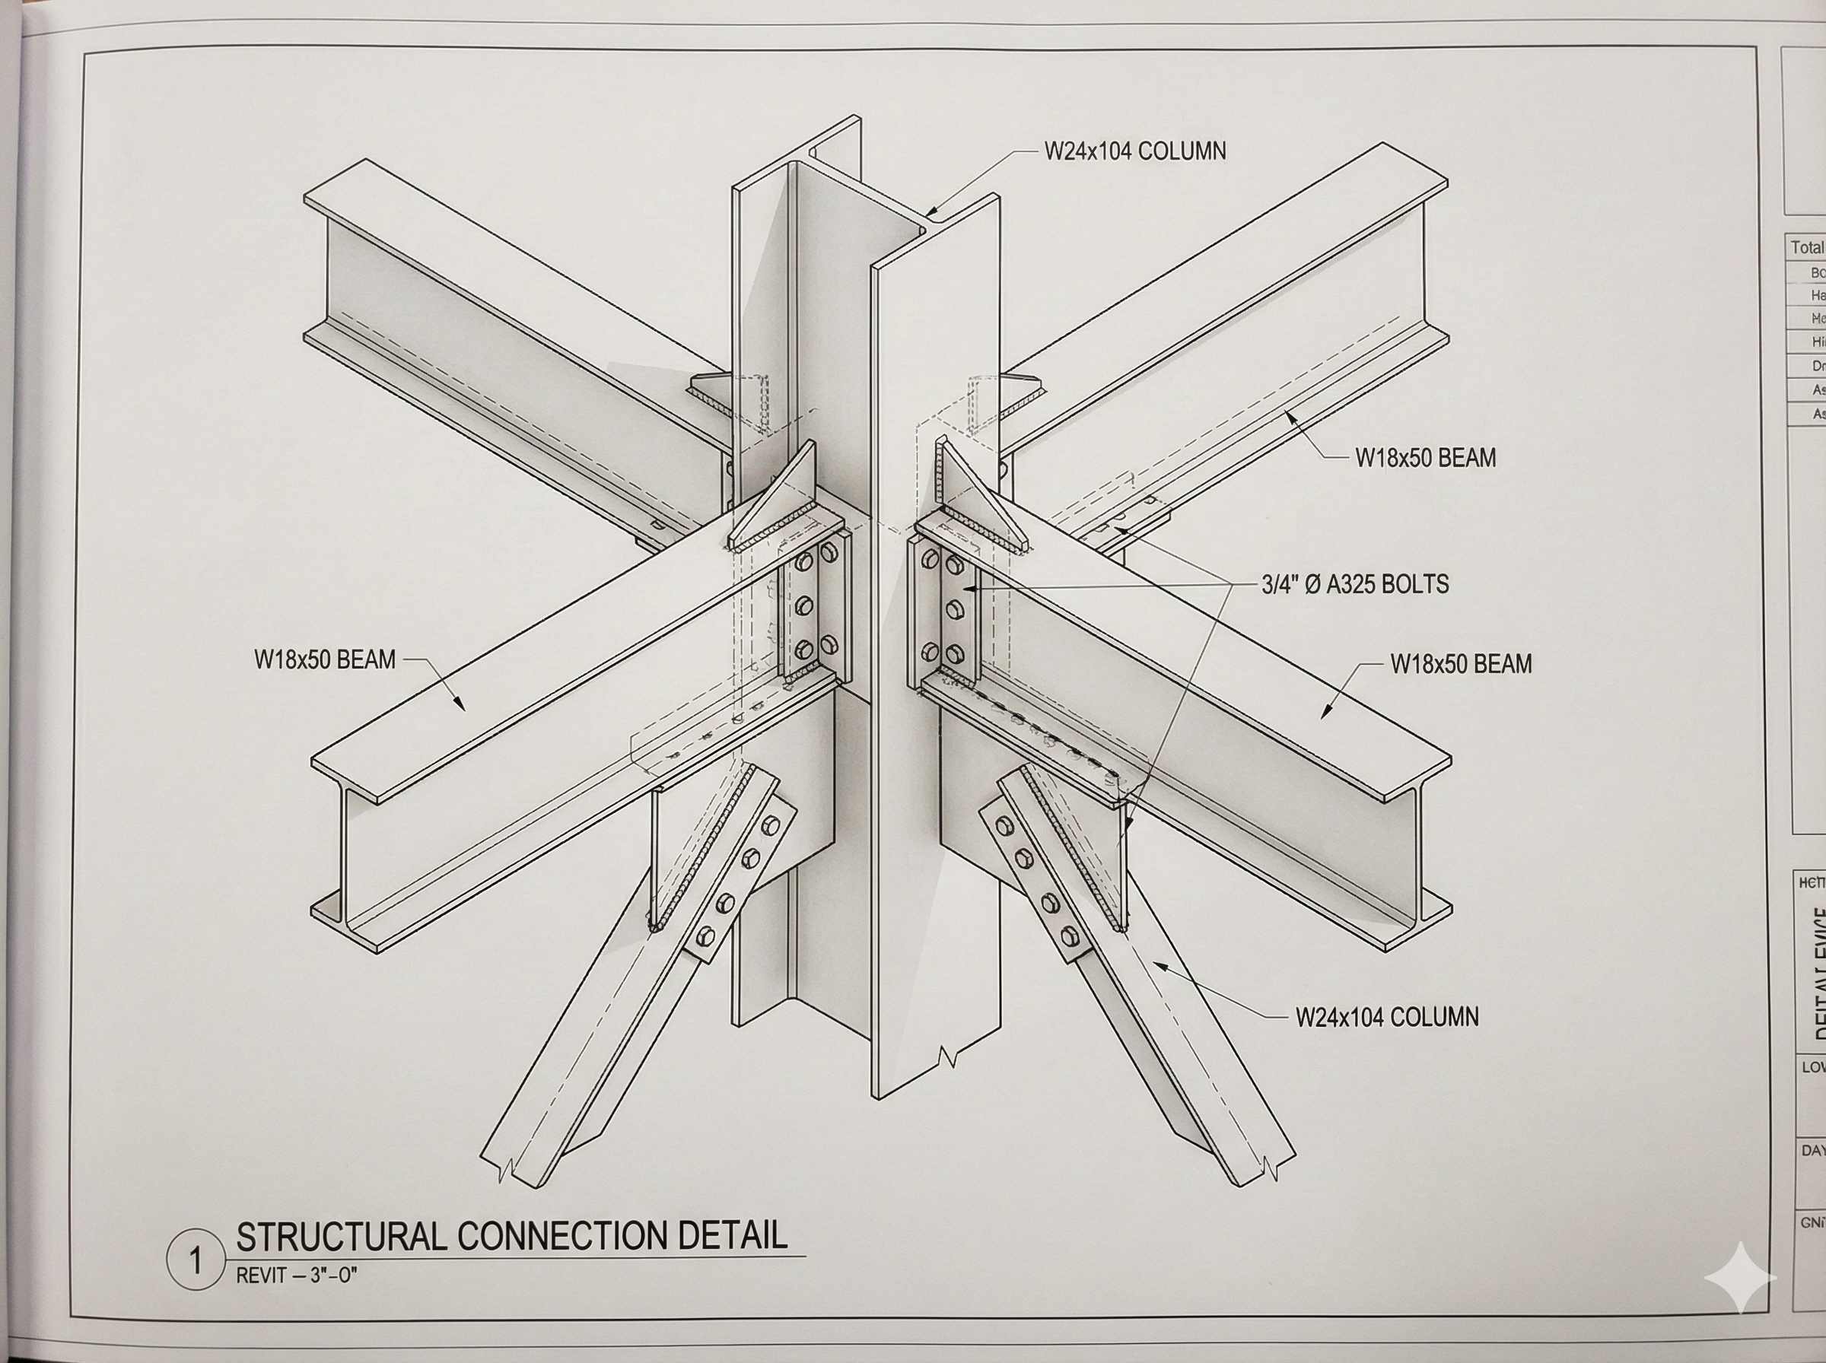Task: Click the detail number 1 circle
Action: click(195, 1260)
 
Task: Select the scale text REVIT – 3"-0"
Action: click(296, 1276)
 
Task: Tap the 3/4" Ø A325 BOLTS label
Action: click(1355, 584)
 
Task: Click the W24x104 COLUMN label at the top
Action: click(1134, 151)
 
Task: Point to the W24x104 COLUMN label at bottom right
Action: click(1386, 1016)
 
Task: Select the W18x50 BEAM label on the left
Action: click(325, 659)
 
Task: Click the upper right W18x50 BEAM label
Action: click(1425, 457)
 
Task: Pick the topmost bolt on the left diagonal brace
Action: click(771, 824)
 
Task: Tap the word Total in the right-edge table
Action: click(1806, 247)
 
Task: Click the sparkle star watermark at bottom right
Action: click(1740, 1277)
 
